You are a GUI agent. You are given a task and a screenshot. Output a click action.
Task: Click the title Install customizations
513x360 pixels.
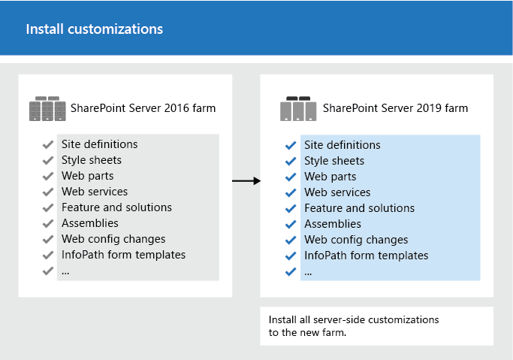[x=95, y=29]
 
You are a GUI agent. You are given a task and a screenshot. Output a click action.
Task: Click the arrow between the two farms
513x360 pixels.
[x=246, y=181]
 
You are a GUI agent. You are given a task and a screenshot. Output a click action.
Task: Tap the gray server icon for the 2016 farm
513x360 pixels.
[x=47, y=109]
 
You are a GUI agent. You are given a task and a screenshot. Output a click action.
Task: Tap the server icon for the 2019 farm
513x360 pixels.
[x=298, y=109]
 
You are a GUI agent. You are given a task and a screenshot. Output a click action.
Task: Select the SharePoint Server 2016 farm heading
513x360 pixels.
[x=143, y=108]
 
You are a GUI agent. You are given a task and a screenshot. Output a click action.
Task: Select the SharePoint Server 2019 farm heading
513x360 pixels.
[x=395, y=108]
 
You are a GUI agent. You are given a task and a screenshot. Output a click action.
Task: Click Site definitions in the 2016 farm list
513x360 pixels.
[x=99, y=144]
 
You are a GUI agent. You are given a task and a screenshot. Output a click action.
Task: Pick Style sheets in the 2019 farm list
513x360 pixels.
[x=334, y=161]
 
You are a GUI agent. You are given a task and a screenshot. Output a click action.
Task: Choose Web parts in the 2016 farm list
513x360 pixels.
[x=83, y=175]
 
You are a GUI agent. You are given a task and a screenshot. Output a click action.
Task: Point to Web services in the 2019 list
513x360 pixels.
[x=337, y=192]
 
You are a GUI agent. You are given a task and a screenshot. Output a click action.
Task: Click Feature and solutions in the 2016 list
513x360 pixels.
[x=116, y=207]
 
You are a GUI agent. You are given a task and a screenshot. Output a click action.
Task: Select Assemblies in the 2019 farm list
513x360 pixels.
[x=333, y=224]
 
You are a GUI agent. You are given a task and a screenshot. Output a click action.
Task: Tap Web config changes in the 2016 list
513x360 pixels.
[x=113, y=239]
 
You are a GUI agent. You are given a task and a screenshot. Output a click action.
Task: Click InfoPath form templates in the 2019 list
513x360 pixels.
[x=366, y=256]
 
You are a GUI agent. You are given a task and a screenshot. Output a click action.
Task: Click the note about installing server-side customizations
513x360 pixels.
[x=353, y=326]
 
